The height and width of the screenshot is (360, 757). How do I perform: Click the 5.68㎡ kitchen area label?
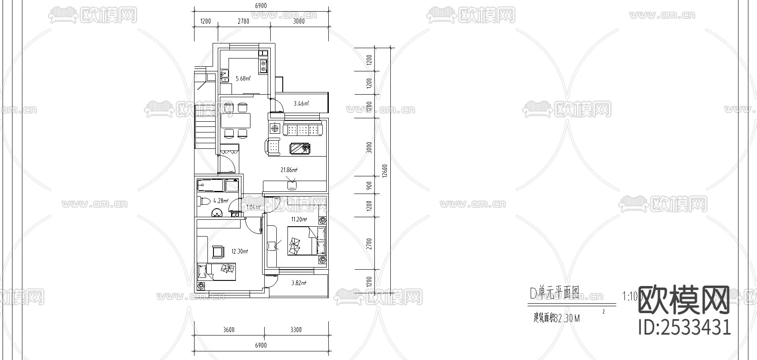(242, 78)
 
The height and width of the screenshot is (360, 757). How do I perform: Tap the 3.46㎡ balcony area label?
(301, 103)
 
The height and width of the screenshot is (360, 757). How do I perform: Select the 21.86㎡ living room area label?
(289, 170)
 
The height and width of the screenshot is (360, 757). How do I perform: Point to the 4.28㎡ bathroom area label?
(221, 200)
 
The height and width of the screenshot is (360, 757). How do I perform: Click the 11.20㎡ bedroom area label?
(299, 219)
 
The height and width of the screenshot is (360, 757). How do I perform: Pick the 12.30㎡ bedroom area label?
(240, 251)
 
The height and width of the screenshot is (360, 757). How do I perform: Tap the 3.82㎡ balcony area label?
(298, 283)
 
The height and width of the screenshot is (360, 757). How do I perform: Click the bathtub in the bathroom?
(211, 186)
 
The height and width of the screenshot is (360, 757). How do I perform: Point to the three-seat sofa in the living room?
(304, 129)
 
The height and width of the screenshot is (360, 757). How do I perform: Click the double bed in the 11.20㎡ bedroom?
(306, 242)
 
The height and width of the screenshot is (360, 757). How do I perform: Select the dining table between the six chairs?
(236, 120)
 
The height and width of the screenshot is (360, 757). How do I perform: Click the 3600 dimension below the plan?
(229, 330)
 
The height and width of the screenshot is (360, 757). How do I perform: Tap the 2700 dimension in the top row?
(243, 21)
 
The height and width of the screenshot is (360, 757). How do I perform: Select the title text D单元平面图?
(554, 293)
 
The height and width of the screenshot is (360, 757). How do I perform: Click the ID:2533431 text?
(684, 328)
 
